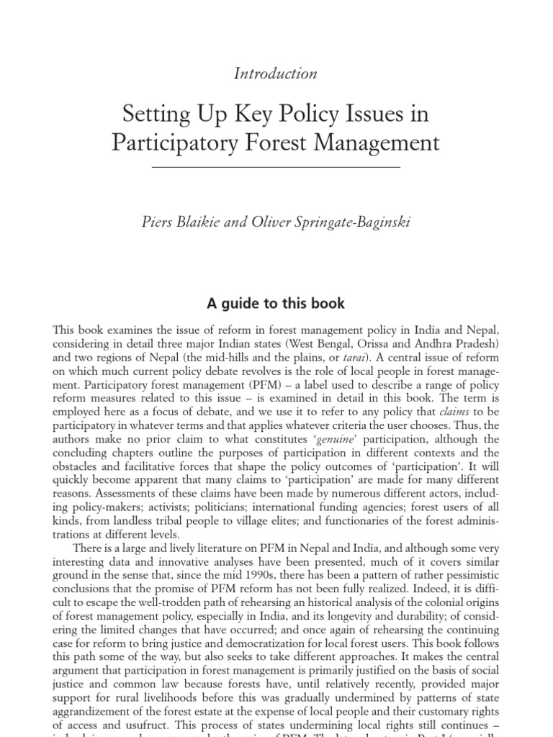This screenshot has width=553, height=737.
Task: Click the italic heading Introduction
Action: coord(276,73)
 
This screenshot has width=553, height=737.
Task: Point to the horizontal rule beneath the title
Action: coord(276,167)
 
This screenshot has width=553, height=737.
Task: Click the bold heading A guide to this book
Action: coord(276,303)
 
